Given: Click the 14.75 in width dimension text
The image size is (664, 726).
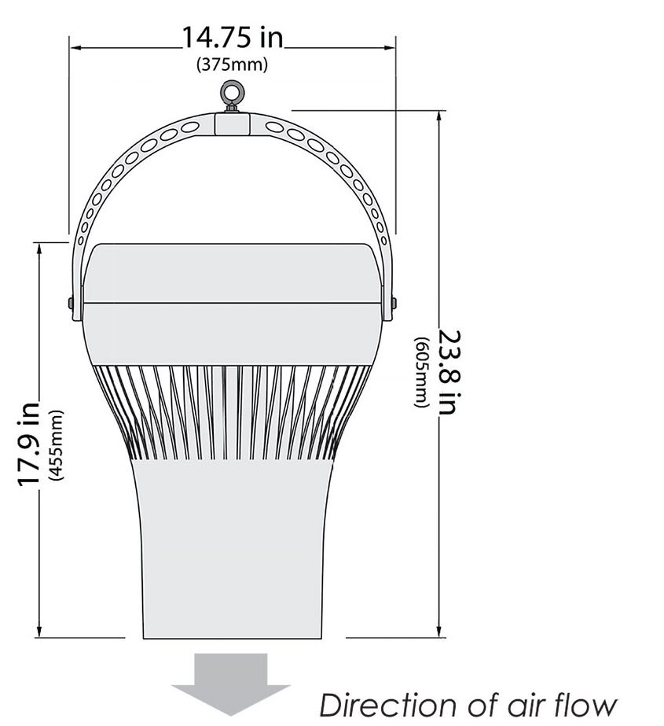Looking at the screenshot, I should coord(233,38).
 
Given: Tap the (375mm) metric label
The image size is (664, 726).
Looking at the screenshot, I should coord(232,64).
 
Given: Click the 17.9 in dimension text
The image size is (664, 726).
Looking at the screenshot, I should coord(29,443).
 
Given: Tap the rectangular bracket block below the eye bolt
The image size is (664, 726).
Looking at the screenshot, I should coord(232,123).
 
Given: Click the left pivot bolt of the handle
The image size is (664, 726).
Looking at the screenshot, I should coord(71,302).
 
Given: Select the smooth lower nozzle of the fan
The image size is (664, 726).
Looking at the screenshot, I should coord(232,551).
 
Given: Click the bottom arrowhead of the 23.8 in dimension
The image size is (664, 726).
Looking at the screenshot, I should coord(438,632).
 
